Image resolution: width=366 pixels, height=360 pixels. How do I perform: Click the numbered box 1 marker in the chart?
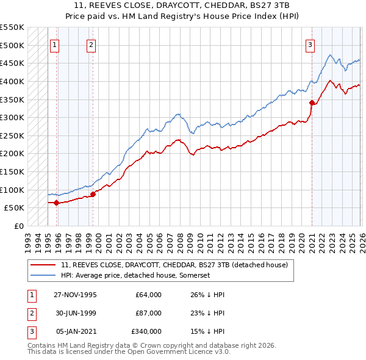click(55, 45)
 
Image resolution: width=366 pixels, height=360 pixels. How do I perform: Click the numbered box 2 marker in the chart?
click(91, 45)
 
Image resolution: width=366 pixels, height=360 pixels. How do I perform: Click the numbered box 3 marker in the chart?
click(310, 45)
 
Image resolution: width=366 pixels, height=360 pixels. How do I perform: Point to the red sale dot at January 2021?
click(312, 103)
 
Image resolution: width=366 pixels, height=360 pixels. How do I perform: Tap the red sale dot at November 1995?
click(57, 203)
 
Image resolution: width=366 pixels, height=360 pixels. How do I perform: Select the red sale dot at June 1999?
click(93, 194)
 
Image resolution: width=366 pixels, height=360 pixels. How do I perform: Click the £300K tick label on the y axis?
click(12, 117)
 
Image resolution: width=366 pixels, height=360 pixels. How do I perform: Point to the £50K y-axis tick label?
click(15, 207)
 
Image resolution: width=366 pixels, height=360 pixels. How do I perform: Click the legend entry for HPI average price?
click(135, 276)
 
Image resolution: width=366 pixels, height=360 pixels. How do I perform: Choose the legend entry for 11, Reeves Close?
click(178, 265)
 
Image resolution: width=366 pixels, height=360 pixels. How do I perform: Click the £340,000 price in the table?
click(146, 331)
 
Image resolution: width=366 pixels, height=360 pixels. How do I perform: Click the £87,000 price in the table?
click(148, 313)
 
